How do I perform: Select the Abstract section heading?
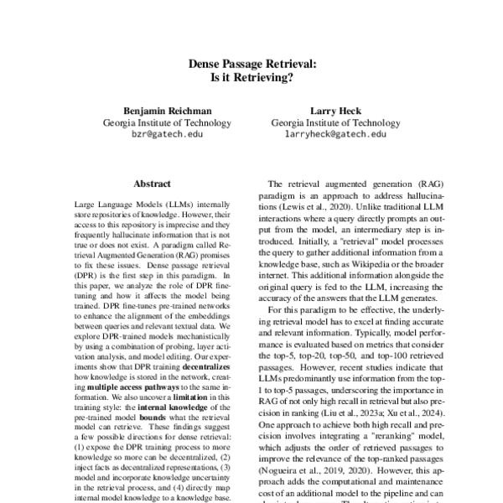click(152, 183)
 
